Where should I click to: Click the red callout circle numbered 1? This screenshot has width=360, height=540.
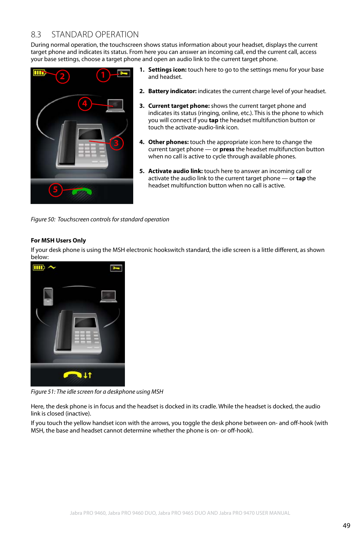point(103,75)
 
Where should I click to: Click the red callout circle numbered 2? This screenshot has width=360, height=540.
point(63,77)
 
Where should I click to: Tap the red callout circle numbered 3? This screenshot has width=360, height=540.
point(116,143)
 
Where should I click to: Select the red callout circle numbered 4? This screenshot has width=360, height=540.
point(85,103)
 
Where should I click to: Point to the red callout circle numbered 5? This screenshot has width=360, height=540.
point(55,189)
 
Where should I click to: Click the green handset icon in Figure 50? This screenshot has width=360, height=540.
point(82,192)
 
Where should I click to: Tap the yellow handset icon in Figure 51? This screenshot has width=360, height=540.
point(73,374)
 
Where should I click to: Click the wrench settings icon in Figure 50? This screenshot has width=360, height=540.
point(123,73)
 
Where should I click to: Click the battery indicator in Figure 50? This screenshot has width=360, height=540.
point(39,72)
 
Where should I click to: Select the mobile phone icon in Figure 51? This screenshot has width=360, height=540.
point(48,296)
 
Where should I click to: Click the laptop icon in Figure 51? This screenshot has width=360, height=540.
point(109,296)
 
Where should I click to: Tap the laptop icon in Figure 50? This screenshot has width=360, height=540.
point(115,105)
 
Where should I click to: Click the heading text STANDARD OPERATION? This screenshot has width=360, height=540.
point(95,35)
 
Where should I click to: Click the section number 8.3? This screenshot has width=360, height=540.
point(36,35)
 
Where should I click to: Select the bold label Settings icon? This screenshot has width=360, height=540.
point(167,70)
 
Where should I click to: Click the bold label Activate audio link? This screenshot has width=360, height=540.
point(175,171)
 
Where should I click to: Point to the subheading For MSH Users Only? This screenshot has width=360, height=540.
point(58,241)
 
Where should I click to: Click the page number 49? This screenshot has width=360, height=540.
point(346,526)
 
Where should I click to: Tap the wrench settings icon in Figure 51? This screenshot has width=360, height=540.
point(116,268)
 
